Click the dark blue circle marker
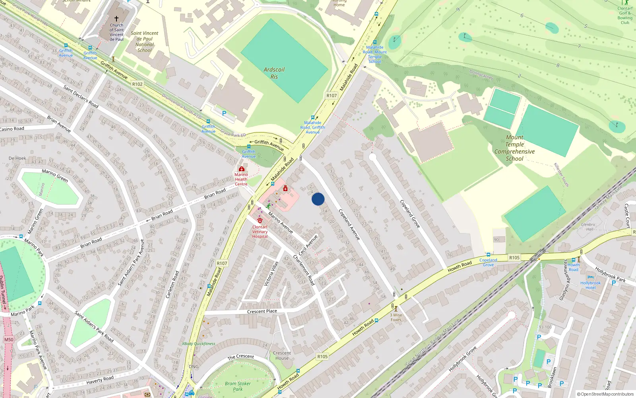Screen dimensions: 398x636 pyautogui.click(x=318, y=199)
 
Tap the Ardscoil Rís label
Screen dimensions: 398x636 pyautogui.click(x=274, y=73)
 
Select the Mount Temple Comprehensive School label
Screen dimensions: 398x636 pyautogui.click(x=514, y=148)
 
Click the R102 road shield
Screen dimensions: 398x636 pyautogui.click(x=138, y=84)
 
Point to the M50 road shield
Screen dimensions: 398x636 pyautogui.click(x=9, y=339)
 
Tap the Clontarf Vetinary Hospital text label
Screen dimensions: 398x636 pyautogui.click(x=260, y=232)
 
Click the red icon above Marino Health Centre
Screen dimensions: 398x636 pyautogui.click(x=241, y=169)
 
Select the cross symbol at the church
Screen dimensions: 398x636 pyautogui.click(x=116, y=18)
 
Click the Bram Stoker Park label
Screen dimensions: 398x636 pyautogui.click(x=238, y=386)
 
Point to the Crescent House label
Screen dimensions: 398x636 pyautogui.click(x=282, y=355)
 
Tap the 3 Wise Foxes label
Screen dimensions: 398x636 pyautogui.click(x=396, y=317)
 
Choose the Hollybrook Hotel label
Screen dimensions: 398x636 pyautogui.click(x=590, y=285)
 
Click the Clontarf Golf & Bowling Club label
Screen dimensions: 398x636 pyautogui.click(x=625, y=15)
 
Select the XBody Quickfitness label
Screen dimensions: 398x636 pyautogui.click(x=199, y=343)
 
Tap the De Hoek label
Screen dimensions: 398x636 pyautogui.click(x=17, y=158)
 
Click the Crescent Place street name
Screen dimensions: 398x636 pyautogui.click(x=262, y=311)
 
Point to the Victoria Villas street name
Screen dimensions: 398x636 pyautogui.click(x=271, y=273)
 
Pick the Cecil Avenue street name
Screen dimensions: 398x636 pyautogui.click(x=308, y=245)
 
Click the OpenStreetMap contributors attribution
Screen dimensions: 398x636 pyautogui.click(x=605, y=394)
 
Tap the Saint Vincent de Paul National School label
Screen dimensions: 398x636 pyautogui.click(x=144, y=42)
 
